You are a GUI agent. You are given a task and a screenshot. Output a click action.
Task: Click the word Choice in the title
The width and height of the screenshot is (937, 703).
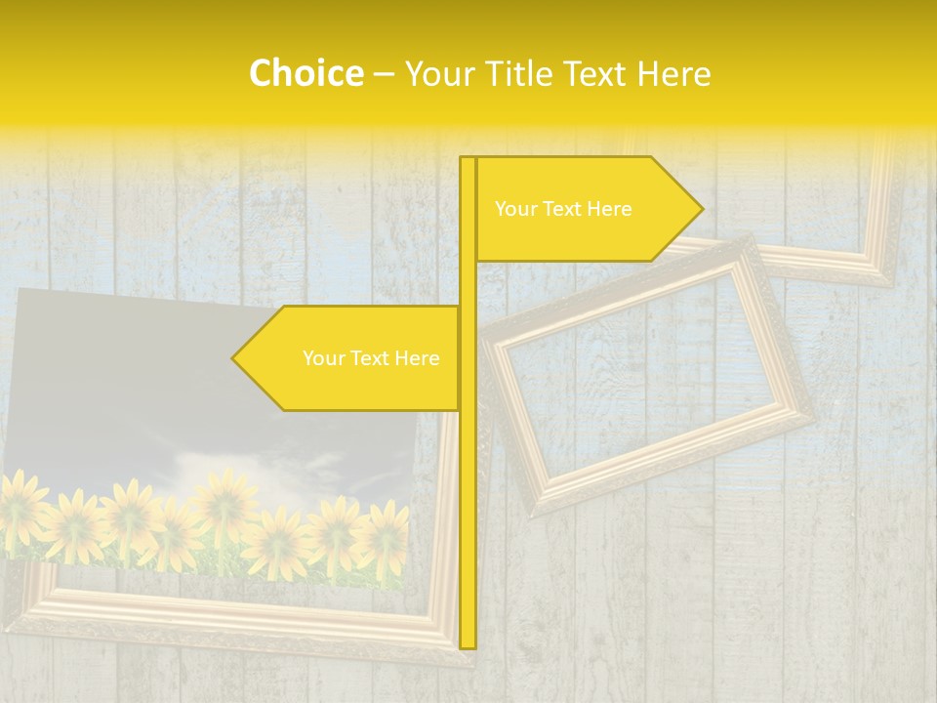pyautogui.click(x=306, y=73)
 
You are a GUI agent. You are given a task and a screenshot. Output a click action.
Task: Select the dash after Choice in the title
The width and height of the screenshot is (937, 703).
pyautogui.click(x=385, y=74)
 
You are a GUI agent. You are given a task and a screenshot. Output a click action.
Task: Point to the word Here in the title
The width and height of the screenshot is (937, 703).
pyautogui.click(x=673, y=73)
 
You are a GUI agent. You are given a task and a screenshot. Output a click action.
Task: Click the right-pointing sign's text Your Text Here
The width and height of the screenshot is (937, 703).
pyautogui.click(x=563, y=209)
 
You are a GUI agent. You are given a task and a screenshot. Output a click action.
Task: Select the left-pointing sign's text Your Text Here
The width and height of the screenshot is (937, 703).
pyautogui.click(x=371, y=358)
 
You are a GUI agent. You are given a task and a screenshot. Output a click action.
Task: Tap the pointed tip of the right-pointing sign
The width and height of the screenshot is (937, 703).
pyautogui.click(x=701, y=209)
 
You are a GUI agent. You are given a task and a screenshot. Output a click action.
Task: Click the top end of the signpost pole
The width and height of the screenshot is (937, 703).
pyautogui.click(x=468, y=159)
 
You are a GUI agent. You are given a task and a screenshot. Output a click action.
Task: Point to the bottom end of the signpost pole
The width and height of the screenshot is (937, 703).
pyautogui.click(x=468, y=645)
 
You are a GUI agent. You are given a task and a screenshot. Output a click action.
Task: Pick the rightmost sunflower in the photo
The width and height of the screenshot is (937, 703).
pyautogui.click(x=384, y=532)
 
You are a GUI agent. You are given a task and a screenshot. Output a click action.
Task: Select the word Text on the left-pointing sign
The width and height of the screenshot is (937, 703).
pyautogui.click(x=371, y=358)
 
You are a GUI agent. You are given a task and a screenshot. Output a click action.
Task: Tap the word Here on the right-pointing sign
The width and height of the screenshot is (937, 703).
pyautogui.click(x=610, y=209)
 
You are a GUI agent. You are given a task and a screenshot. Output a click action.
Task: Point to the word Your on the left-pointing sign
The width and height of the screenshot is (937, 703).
pyautogui.click(x=322, y=358)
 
